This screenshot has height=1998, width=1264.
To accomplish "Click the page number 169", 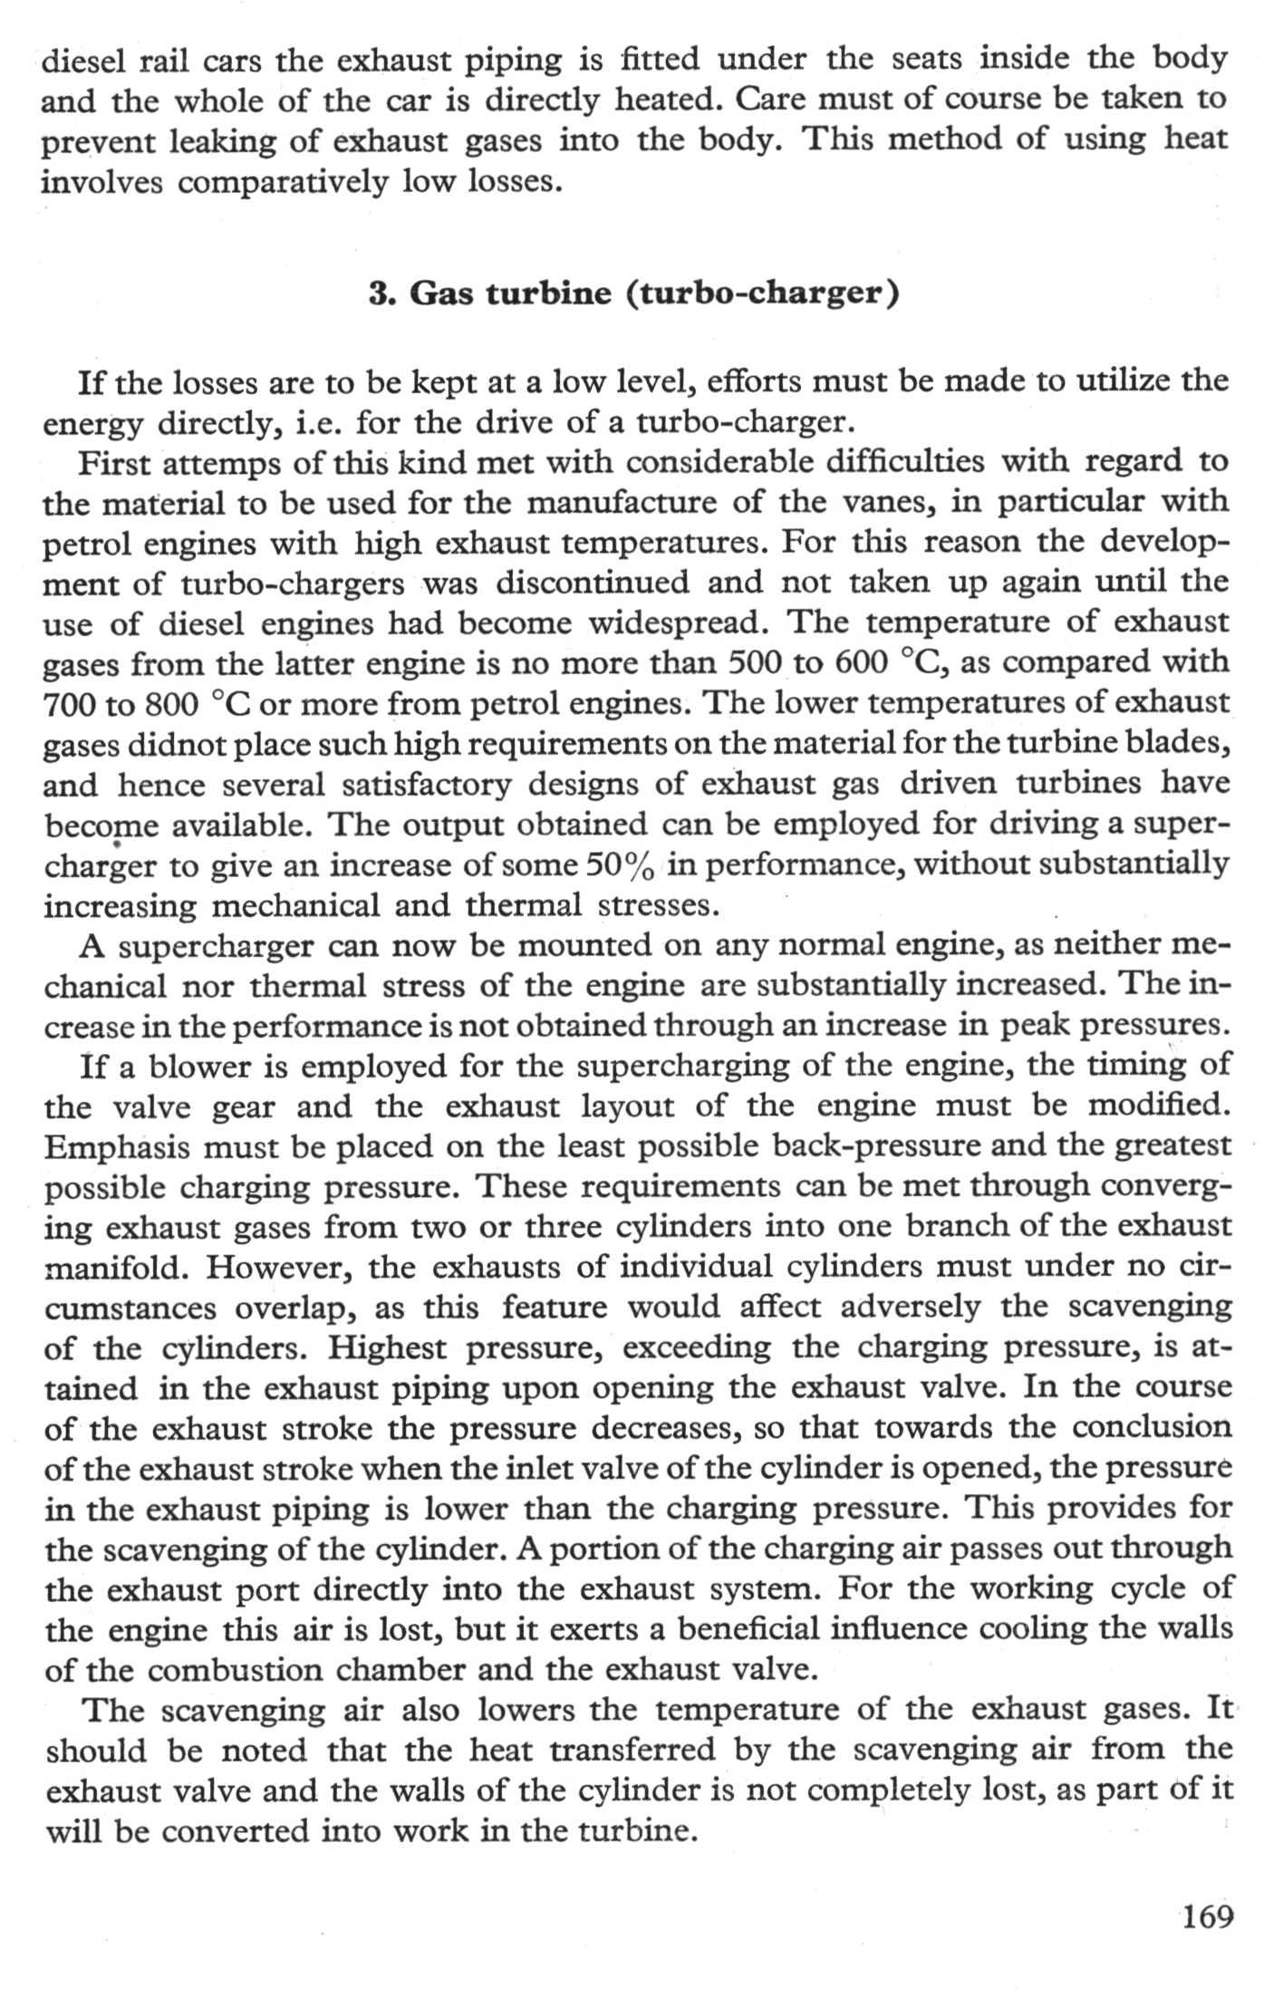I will (1208, 1916).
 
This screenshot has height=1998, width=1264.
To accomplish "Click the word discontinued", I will (592, 583).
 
